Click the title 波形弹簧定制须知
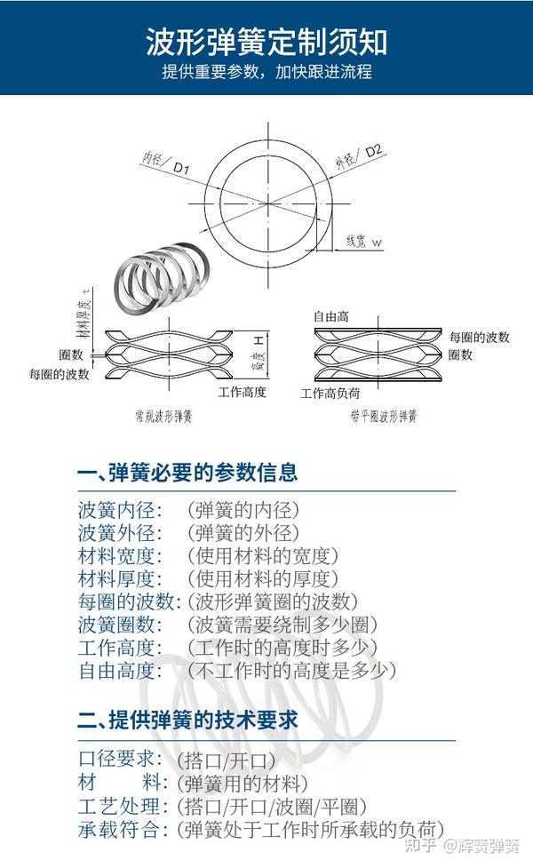[266, 42]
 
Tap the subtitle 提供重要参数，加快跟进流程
[266, 72]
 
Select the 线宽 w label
[363, 242]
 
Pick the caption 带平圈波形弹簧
[383, 415]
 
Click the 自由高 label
[330, 316]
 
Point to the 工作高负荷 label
[333, 392]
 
